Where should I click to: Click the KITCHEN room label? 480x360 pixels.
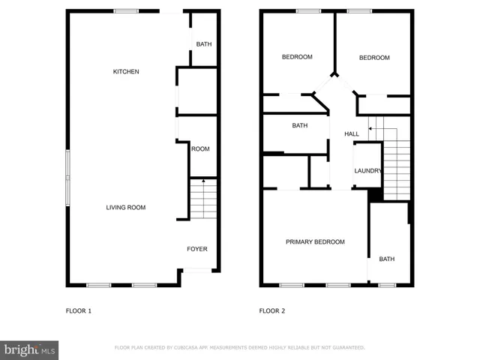(x=126, y=72)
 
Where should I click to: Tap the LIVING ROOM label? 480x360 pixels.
(x=126, y=208)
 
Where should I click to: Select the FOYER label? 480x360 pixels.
(x=197, y=249)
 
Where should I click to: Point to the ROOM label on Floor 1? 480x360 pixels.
(x=200, y=149)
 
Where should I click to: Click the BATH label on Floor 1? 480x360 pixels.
(x=204, y=44)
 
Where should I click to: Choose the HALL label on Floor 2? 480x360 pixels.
(x=352, y=134)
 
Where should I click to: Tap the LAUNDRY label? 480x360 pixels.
(x=368, y=171)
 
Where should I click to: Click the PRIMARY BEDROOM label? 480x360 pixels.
(x=315, y=241)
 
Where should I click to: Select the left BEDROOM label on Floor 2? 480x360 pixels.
(x=297, y=58)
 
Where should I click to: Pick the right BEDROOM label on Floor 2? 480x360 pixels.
(x=374, y=58)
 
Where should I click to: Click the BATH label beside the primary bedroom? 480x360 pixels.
(x=386, y=259)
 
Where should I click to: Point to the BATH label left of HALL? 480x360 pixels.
(x=300, y=126)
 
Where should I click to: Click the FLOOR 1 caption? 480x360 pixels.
(x=79, y=310)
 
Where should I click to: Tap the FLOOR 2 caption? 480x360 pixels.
(x=272, y=310)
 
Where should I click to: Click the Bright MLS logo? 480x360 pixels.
(x=30, y=349)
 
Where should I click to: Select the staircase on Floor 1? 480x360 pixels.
(x=202, y=199)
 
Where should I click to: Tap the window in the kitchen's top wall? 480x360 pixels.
(x=125, y=10)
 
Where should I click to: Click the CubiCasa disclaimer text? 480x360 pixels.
(x=239, y=348)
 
